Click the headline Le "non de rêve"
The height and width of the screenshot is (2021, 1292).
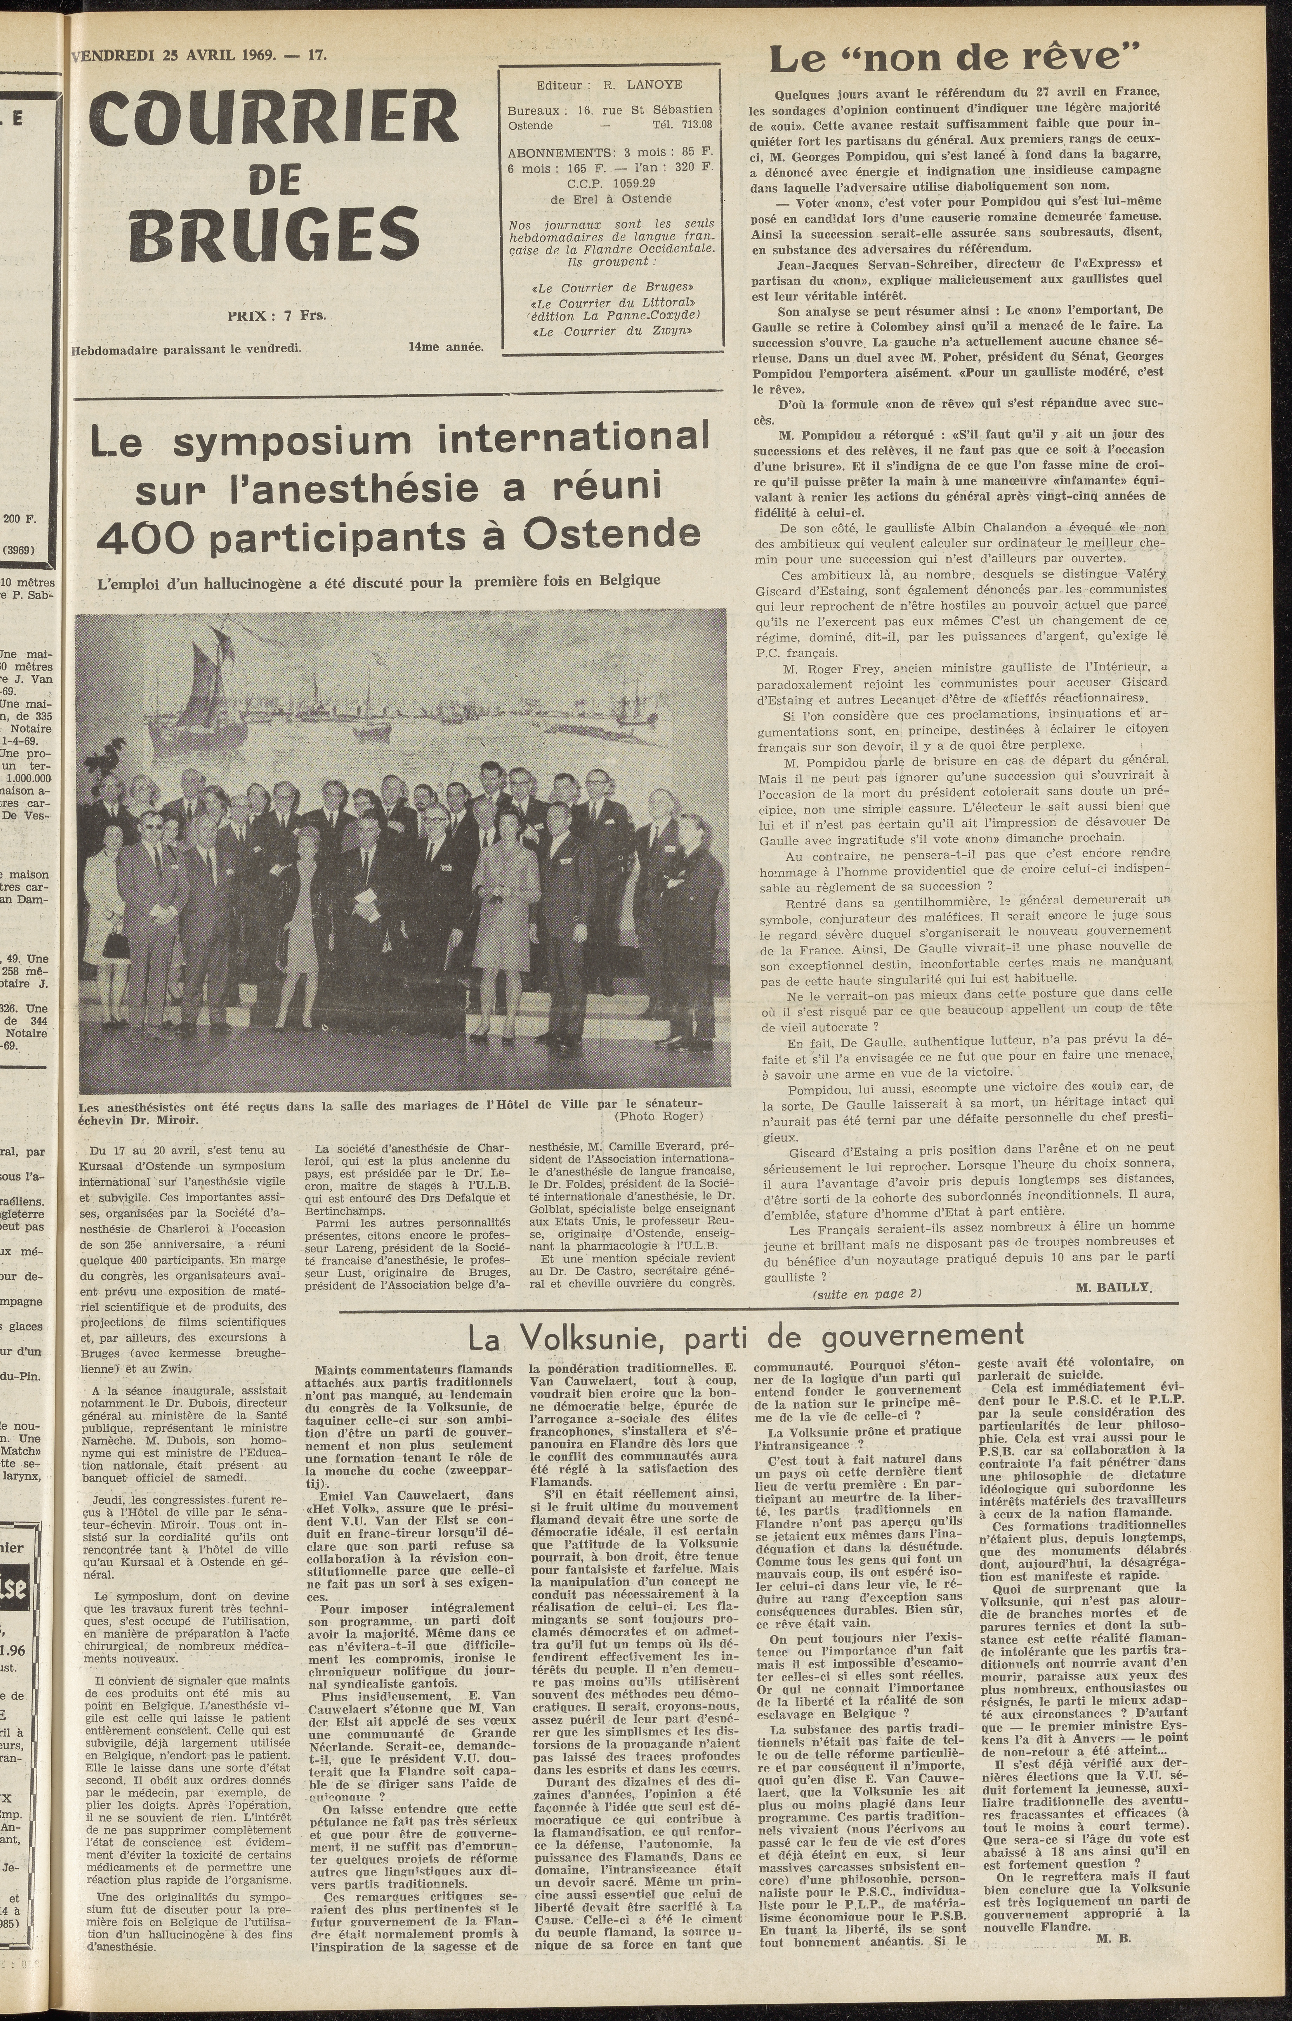point(954,59)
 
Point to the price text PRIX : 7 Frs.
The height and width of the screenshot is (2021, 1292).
point(265,316)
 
